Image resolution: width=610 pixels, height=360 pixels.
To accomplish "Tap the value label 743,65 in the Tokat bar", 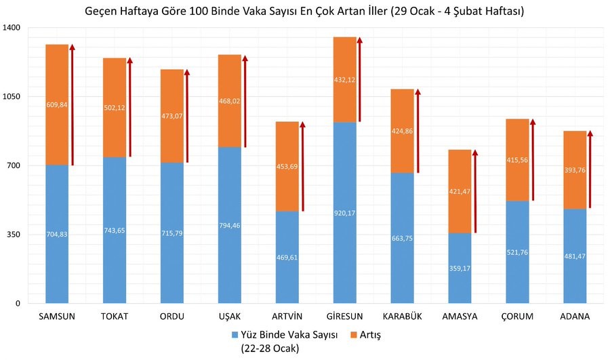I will (x=115, y=231).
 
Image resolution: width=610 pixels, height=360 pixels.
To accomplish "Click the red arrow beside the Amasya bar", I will (x=475, y=193).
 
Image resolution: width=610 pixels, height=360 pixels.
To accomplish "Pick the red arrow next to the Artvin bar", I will (x=302, y=168).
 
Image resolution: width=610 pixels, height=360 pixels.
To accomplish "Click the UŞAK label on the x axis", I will (x=230, y=317).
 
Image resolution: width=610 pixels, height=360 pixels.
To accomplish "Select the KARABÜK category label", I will (x=403, y=317).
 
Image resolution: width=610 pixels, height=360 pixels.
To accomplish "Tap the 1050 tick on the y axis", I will (x=14, y=97).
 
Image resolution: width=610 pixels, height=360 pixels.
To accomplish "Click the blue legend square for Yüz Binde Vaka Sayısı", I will (x=235, y=334).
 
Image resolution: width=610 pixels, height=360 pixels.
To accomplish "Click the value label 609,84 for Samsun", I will (x=57, y=104).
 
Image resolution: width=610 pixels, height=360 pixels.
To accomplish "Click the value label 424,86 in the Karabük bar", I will (x=403, y=132).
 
